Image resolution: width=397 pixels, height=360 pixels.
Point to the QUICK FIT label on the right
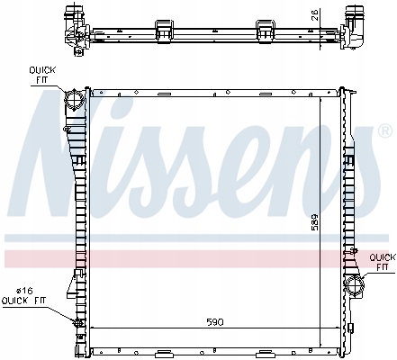(x=381, y=260)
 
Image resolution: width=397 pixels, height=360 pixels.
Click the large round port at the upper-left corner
(x=75, y=100)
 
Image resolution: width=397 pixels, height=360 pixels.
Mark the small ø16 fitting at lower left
(x=79, y=323)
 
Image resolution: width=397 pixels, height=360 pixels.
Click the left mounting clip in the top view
(x=167, y=30)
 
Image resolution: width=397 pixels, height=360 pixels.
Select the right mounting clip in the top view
(x=266, y=30)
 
